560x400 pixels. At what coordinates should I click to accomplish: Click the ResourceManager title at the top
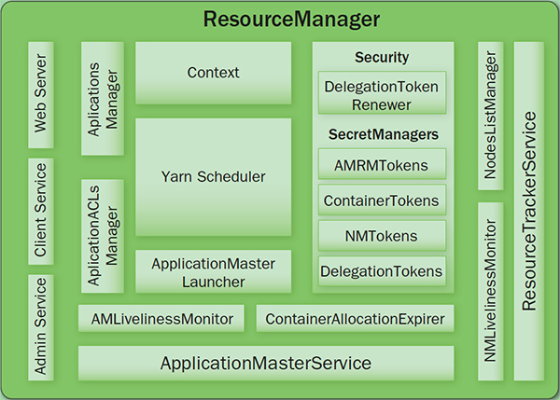[x=279, y=19]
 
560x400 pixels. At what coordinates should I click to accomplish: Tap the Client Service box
[x=41, y=212]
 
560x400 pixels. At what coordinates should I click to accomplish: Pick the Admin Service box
[x=41, y=326]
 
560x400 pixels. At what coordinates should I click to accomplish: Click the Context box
[x=213, y=73]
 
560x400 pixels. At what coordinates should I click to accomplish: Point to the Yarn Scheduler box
[x=213, y=176]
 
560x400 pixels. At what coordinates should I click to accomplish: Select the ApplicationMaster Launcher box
[x=213, y=271]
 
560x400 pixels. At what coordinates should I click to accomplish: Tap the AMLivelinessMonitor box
[x=161, y=319]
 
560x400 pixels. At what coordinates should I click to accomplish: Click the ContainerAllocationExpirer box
[x=355, y=319]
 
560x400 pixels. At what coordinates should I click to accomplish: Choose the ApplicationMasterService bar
[x=266, y=363]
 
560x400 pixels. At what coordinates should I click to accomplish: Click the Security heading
[x=382, y=58]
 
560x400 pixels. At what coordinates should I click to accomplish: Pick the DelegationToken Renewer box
[x=382, y=94]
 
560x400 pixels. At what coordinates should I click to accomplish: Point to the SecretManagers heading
[x=383, y=134]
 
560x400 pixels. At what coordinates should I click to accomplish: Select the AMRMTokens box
[x=382, y=166]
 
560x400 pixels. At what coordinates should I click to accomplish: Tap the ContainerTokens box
[x=382, y=200]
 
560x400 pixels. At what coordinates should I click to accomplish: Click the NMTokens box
[x=382, y=236]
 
